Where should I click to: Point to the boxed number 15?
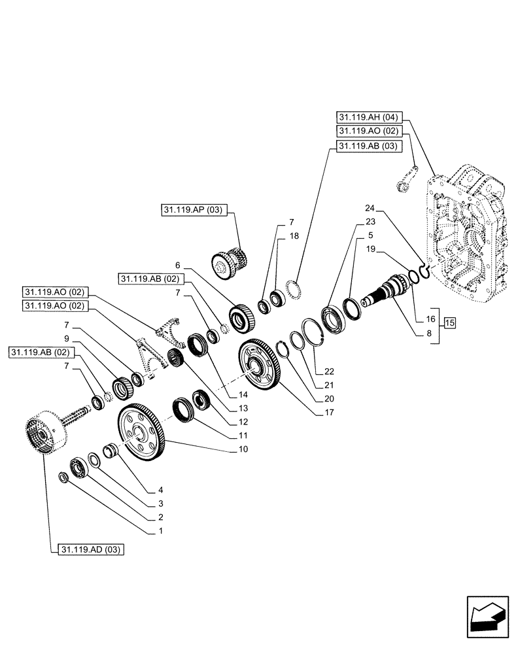click(449, 322)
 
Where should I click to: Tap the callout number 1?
click(160, 532)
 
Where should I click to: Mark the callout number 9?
click(65, 339)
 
